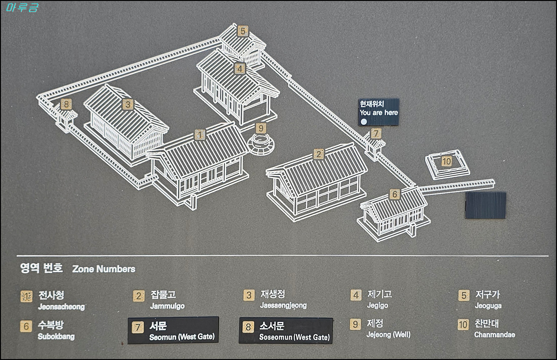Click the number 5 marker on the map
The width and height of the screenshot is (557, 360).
(x=242, y=31)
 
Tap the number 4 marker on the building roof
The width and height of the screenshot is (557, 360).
(x=240, y=69)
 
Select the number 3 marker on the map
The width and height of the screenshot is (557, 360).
(x=128, y=104)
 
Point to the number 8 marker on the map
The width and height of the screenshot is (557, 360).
(x=67, y=104)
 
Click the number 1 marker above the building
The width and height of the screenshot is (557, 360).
(x=200, y=135)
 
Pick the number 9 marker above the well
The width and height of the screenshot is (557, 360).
(x=261, y=128)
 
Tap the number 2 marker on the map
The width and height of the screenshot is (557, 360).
(x=318, y=154)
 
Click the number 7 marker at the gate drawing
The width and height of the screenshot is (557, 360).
(x=376, y=134)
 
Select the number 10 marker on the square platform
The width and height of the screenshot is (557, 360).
(x=446, y=161)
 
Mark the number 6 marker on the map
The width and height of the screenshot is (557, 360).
(x=395, y=194)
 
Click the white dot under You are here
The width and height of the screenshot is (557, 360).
(x=364, y=122)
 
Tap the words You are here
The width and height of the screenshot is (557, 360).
(x=378, y=113)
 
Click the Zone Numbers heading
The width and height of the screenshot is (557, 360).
(x=104, y=269)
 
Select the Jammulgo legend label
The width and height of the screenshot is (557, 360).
(x=167, y=306)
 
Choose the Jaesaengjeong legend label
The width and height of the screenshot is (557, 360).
(x=283, y=306)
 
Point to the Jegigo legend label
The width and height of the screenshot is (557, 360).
(x=377, y=306)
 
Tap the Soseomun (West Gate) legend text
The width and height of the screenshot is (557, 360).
(x=294, y=337)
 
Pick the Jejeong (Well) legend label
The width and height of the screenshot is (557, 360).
(x=388, y=334)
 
